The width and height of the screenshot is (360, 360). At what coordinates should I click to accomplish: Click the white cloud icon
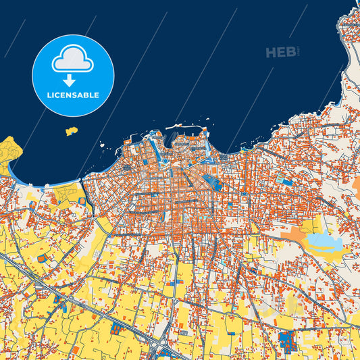pos(72,59)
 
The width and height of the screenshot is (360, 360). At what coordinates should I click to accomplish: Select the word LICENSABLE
pos(73,95)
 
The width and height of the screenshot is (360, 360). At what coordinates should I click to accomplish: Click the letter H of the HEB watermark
pos(272,53)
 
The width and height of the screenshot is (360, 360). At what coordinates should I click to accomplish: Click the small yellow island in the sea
pos(71,131)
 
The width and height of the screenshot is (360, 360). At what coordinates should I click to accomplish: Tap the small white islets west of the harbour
pos(103,146)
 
